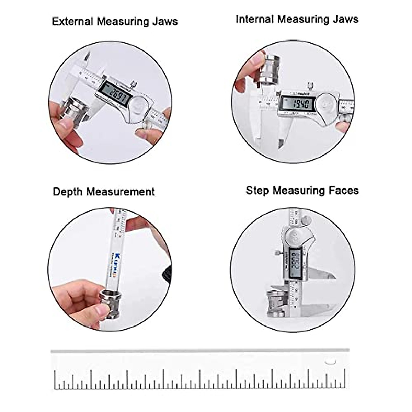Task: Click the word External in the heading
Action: point(72,22)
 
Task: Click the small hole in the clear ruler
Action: point(331,361)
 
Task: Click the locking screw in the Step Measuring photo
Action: point(277,253)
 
